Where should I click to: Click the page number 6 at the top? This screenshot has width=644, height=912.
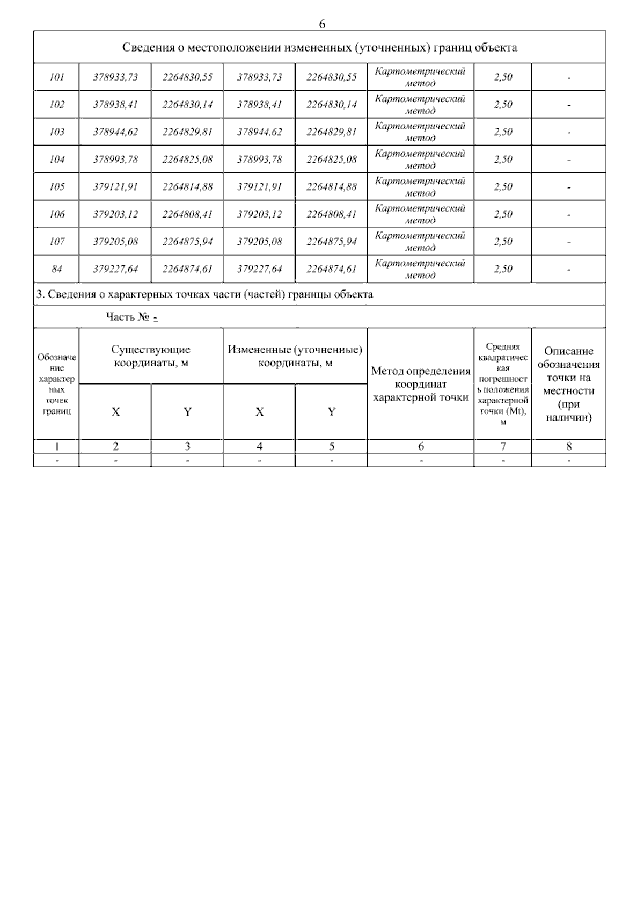(322, 24)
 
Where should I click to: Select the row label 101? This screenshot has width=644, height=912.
(56, 77)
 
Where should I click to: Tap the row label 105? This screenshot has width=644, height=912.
(56, 187)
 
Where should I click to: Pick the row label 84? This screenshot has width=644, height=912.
(56, 269)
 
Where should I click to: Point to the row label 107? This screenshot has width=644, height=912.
(56, 242)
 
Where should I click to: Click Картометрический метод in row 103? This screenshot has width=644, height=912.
(420, 132)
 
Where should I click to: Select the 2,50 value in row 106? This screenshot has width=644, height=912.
(503, 214)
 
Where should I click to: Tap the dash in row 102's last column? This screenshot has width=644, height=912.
(569, 105)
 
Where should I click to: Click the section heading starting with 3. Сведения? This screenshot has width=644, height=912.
(204, 294)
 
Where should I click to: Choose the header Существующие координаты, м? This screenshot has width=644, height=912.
(151, 356)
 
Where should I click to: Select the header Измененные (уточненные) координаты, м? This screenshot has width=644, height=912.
(295, 356)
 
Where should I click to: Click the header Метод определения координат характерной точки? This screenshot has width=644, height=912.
(421, 384)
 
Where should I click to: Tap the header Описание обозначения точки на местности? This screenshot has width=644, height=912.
(569, 384)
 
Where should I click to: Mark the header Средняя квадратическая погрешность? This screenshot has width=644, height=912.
(503, 384)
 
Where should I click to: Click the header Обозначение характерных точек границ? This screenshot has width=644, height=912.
(56, 384)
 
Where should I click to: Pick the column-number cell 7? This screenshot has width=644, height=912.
(503, 446)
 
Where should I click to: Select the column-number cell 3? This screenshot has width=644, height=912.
(187, 446)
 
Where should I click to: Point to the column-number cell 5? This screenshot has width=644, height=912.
(332, 446)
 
